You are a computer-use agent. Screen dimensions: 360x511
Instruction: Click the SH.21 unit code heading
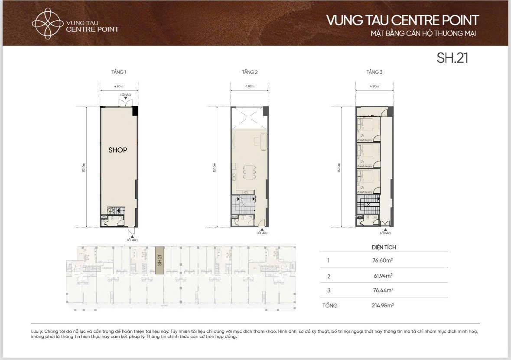pos(452,58)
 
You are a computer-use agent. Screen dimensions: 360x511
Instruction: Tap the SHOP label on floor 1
pos(118,150)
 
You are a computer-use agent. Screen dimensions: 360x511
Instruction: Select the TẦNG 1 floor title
pos(119,72)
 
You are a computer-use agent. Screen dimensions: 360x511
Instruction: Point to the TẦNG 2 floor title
pos(250,72)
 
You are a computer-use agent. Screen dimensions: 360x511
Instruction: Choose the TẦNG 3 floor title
pos(374,72)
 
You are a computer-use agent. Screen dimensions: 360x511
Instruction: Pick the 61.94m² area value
pos(382,276)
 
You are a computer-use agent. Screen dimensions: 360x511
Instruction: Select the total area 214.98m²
pos(381,305)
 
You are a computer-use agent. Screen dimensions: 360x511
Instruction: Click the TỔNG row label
pos(330,305)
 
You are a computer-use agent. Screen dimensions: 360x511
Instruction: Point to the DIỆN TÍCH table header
pos(384,247)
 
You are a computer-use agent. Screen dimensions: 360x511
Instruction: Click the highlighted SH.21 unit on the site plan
pos(159,260)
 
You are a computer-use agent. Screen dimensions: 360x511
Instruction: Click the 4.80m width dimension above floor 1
pos(119,86)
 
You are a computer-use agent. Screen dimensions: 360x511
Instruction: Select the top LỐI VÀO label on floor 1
pos(125,94)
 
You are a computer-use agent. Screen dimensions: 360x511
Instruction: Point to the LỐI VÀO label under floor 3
pos(385,233)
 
